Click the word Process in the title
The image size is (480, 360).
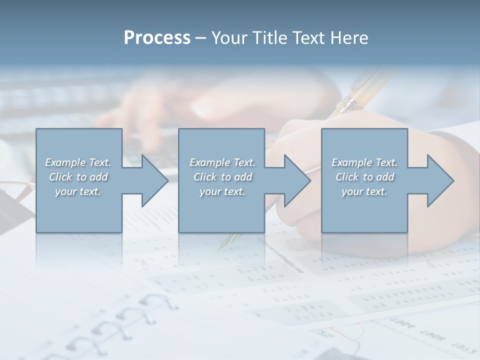click(x=157, y=38)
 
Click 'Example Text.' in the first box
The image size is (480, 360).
click(x=78, y=162)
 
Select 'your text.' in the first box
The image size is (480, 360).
click(x=78, y=191)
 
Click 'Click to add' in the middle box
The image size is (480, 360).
click(x=222, y=177)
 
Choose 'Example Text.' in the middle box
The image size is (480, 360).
click(x=222, y=162)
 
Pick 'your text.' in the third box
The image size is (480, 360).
click(x=364, y=191)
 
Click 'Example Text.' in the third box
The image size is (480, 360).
click(x=364, y=162)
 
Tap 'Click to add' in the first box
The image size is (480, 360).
click(x=78, y=177)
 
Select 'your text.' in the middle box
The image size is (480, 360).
click(x=222, y=191)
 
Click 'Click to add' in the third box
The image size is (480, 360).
click(x=364, y=177)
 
